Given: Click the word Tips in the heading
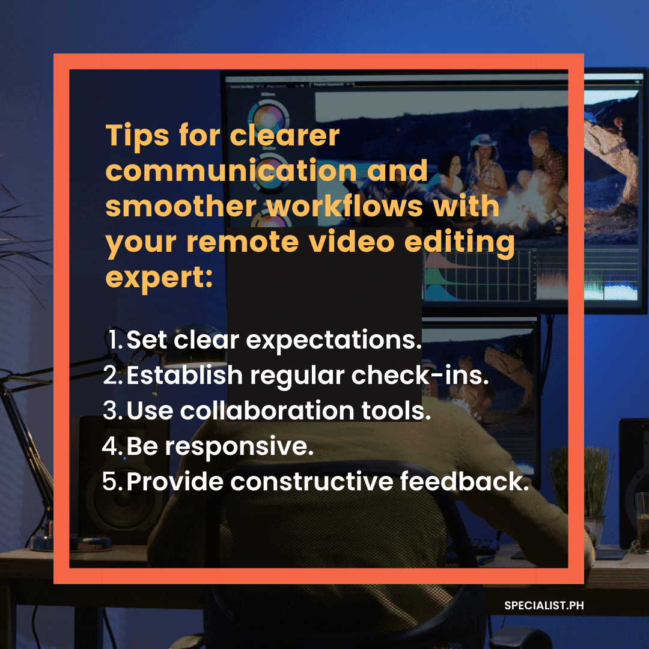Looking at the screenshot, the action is pos(138,136).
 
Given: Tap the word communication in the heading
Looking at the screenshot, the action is pos(231,171).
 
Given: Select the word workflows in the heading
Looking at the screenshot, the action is pos(344,206).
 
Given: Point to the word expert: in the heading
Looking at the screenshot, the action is pos(159,278).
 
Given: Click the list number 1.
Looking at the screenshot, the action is pos(115,340).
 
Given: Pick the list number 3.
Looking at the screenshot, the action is pos(112,410).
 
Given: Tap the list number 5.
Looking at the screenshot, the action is pos(112,481).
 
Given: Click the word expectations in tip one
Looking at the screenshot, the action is pos(334,341).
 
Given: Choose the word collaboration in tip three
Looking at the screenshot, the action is pos(267,410).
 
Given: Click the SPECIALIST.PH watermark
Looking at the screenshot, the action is pos(544,606).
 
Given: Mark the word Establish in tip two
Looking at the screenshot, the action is pos(184,375).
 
